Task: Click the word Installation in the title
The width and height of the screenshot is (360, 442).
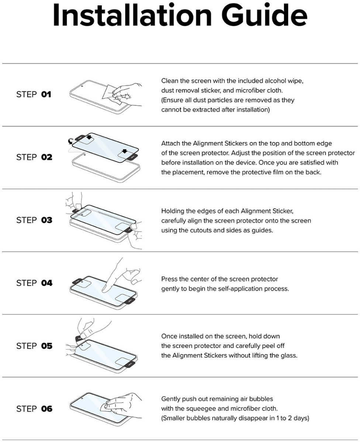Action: (x=132, y=15)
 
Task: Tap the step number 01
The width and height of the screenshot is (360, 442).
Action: (x=46, y=94)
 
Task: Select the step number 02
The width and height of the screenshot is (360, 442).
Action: (x=47, y=157)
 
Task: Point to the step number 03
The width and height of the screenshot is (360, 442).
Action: (x=47, y=220)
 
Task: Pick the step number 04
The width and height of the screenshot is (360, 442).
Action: (x=47, y=283)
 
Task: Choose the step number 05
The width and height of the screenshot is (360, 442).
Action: (x=47, y=346)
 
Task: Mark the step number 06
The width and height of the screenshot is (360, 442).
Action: (x=47, y=409)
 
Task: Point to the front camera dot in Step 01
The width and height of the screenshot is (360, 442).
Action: (x=82, y=86)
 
